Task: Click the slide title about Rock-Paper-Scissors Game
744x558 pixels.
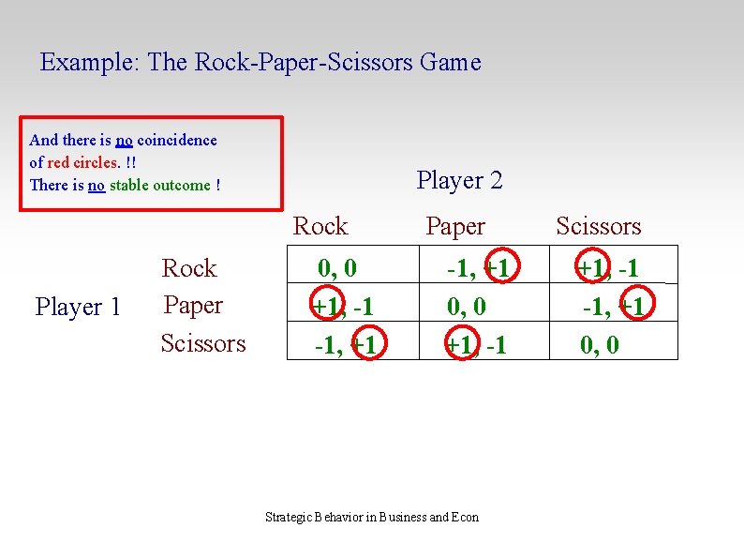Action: click(x=260, y=63)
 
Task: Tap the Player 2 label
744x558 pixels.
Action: click(x=459, y=180)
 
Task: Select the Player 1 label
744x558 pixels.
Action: click(x=78, y=307)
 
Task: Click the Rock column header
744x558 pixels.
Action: click(x=320, y=226)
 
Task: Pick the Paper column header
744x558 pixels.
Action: click(x=455, y=226)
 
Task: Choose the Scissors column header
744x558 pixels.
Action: click(x=598, y=226)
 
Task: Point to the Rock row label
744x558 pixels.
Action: click(x=189, y=268)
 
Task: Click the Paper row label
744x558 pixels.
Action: click(x=193, y=305)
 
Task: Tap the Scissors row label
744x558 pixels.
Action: click(x=203, y=343)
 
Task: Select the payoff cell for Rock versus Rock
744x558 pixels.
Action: click(x=337, y=269)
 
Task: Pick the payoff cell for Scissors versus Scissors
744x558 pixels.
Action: click(x=600, y=345)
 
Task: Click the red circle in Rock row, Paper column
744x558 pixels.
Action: click(x=497, y=269)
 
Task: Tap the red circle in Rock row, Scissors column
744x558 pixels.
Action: click(x=591, y=269)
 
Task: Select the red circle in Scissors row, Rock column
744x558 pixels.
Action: click(x=365, y=345)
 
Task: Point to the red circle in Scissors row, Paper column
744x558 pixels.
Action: click(x=459, y=345)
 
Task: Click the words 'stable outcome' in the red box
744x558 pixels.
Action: click(x=160, y=185)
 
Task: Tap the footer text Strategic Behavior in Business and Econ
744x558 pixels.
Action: click(x=372, y=517)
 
